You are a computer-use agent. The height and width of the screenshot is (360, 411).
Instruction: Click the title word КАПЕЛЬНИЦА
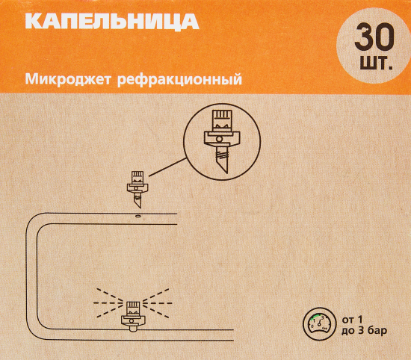pos(111,22)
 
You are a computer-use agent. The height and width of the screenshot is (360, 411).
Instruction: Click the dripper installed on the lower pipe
pos(132,313)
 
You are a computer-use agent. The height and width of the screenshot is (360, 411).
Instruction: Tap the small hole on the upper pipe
pos(137,216)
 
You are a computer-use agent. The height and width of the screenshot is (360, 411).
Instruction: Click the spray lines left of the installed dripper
pos(106,302)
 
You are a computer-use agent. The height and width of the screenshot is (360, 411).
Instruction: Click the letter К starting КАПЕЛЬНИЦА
pos(33,22)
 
